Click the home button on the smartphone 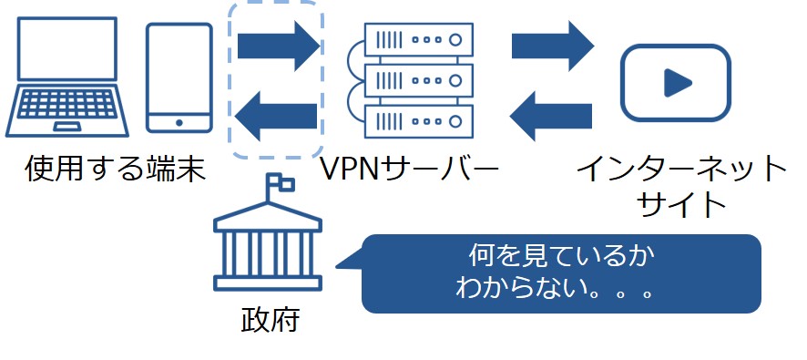[x=179, y=122]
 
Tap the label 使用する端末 [x=115, y=169]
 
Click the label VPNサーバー [x=409, y=169]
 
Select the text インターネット [x=682, y=169]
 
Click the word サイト [x=682, y=203]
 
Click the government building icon [x=268, y=251]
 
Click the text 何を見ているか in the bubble [x=560, y=256]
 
